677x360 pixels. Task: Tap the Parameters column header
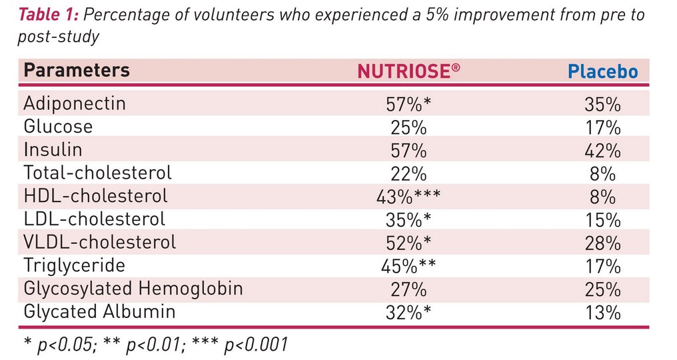point(77,71)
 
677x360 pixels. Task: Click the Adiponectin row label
point(75,104)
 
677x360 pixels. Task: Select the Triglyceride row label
point(74,265)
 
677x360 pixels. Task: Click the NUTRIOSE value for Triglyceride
point(408,265)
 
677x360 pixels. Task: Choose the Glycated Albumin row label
point(99,311)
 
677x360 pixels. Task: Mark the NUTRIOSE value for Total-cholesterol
point(406,173)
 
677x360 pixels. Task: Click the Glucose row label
point(58,127)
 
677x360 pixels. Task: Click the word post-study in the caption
point(58,37)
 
